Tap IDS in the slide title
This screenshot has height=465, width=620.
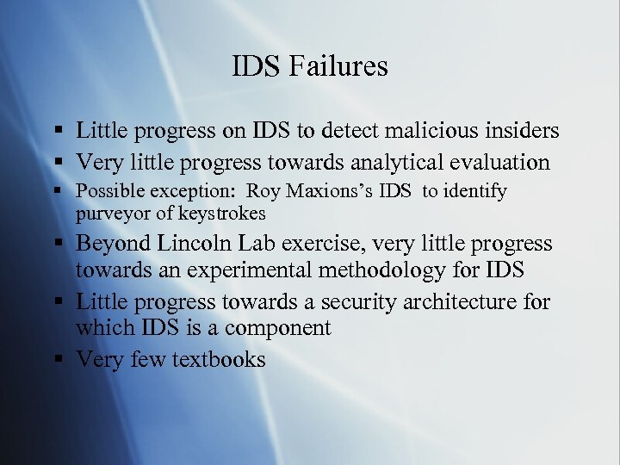[257, 65]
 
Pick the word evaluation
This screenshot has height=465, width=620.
[500, 162]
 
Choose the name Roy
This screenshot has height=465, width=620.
[256, 191]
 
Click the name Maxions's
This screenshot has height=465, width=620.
[318, 191]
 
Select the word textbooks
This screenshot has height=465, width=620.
[219, 358]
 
